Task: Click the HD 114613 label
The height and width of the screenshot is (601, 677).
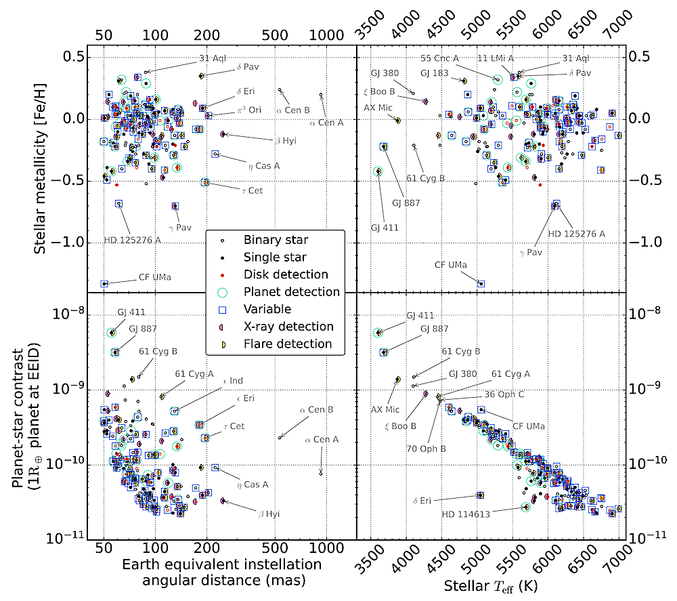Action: coord(466,514)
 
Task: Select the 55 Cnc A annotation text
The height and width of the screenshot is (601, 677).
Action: coord(439,58)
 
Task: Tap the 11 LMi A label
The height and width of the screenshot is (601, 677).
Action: coord(496,58)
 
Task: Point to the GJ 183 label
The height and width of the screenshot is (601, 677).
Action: coord(435,73)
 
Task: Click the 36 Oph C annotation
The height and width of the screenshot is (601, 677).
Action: coord(504,394)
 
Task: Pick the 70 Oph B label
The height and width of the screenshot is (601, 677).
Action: coord(426,449)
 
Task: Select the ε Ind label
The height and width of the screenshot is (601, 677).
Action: coord(233,381)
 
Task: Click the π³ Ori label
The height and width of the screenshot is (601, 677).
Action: coord(249,110)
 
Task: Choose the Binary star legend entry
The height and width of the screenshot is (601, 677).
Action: coord(276,240)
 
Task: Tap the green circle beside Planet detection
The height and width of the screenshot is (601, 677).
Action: coord(222,293)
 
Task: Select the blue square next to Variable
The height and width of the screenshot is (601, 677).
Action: coord(222,310)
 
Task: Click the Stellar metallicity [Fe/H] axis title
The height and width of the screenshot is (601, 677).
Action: coord(40,169)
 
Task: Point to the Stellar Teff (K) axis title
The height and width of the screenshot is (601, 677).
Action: coord(490,586)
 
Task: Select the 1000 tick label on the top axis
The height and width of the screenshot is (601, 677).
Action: coord(326,35)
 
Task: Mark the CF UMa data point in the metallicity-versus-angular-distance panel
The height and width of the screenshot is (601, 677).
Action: coord(104,284)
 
